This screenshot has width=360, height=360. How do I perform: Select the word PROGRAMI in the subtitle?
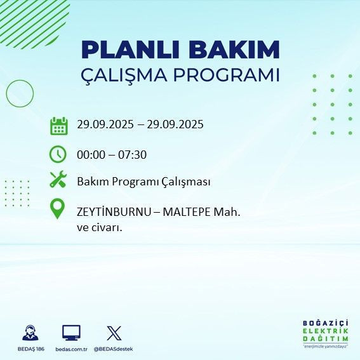coord(232,74)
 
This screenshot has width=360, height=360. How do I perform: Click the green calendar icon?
coord(58,126)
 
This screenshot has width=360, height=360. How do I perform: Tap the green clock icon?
coord(58,154)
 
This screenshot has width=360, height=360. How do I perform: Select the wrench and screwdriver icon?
coord(58,180)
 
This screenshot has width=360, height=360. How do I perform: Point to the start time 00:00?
coord(91,154)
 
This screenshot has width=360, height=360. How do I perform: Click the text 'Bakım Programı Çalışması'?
coord(143,182)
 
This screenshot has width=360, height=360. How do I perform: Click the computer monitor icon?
coord(71,333)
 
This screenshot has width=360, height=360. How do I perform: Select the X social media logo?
coord(114,333)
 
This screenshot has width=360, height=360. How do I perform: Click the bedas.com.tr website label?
coord(70,349)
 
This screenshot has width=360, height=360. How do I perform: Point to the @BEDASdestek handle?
coord(114,349)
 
